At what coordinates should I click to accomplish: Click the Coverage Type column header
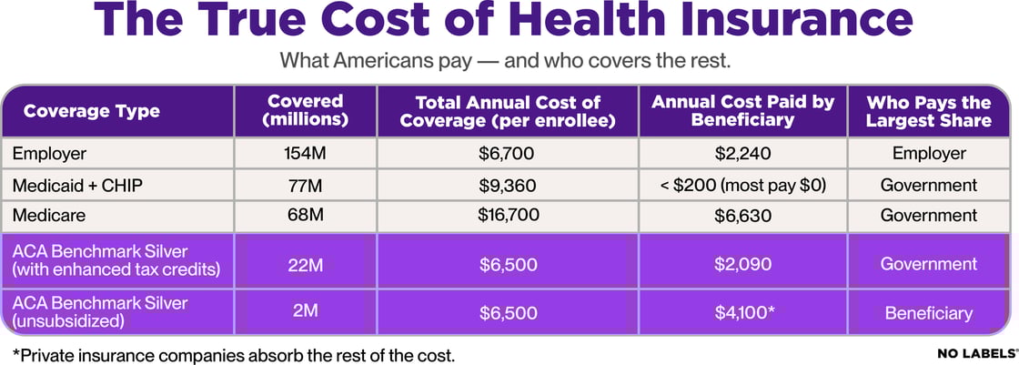pos(91,112)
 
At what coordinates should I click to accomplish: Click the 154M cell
pos(306,154)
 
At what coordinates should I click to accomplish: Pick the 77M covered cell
pos(306,185)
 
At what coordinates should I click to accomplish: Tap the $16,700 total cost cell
pos(508,216)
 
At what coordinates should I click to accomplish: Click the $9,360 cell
pos(508,185)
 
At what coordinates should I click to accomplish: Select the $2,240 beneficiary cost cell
pos(743,154)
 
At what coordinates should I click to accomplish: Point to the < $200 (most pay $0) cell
pos(743,185)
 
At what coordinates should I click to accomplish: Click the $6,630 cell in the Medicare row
pos(743,216)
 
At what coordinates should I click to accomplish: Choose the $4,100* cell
pos(743,313)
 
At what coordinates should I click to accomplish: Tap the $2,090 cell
pos(743,264)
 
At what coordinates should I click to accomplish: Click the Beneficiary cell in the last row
pos(928,313)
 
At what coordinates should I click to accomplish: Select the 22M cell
pos(306,264)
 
